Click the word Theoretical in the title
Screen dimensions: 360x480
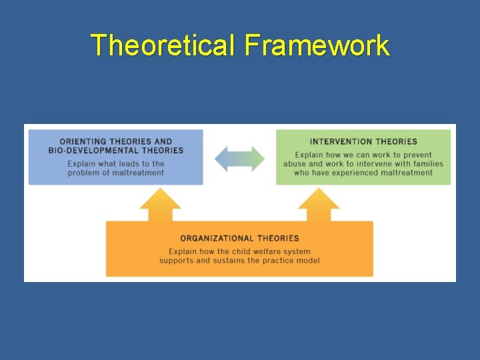[164, 45]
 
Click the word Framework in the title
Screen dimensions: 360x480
[317, 45]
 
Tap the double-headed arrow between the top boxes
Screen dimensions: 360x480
[239, 159]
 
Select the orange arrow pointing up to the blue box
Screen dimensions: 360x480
[160, 205]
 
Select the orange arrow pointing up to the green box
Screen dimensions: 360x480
[319, 205]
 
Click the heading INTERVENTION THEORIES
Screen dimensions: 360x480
[363, 141]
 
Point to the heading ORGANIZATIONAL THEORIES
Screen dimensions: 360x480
[239, 238]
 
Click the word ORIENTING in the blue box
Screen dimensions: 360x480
[83, 141]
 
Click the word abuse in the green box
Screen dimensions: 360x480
[295, 164]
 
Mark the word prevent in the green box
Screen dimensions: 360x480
[416, 155]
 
